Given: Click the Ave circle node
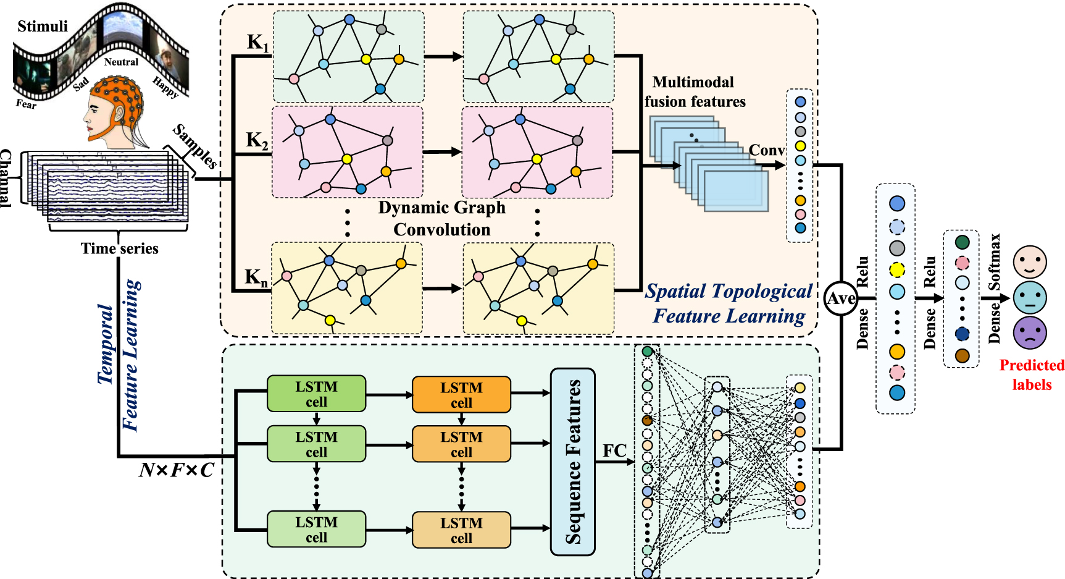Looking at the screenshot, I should pos(840,298).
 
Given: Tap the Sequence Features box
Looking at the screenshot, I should pos(572,462).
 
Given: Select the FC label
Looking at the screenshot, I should pos(614,451).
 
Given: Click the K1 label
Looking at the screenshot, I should pos(257,42).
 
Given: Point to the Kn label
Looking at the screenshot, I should pos(256,277).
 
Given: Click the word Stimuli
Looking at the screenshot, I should pos(43,26).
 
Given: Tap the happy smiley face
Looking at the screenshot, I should pos(1030,261).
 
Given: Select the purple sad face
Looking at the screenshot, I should pos(1030,332).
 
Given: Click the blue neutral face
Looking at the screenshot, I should pos(1030,297).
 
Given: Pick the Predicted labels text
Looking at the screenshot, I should pos(1032,374).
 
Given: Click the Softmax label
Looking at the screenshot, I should pos(995,261).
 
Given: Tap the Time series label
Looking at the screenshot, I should pos(119,248).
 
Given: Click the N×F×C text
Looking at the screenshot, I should pos(176,471).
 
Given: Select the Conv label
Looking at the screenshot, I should pos(766,150).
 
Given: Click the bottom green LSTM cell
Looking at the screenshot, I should pos(316,530).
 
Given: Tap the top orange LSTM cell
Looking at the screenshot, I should pos(461,395).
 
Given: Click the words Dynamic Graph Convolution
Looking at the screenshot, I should pos(442,218).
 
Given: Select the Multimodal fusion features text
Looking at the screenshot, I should pos(695,91).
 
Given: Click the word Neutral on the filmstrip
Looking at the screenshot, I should pos(121,62).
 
